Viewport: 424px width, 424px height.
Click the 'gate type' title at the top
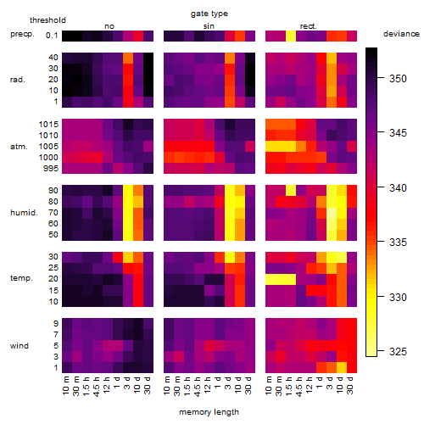pos(209,14)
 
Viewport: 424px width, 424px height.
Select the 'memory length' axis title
pos(209,412)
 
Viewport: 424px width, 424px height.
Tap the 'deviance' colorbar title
pos(401,34)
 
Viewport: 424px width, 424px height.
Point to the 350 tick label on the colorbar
pos(398,78)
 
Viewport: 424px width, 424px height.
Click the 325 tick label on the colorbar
pos(398,352)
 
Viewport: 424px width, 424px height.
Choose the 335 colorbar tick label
pos(398,243)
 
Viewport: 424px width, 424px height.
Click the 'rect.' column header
pos(309,26)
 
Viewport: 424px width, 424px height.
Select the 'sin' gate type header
pos(209,26)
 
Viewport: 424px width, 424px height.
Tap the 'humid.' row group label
pos(24,213)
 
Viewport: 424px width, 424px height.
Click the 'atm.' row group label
pos(19,147)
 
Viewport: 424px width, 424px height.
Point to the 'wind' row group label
pos(20,346)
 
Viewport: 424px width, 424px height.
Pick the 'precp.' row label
pos(22,35)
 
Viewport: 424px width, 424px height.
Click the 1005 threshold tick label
pos(48,147)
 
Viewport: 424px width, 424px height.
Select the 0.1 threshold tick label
pos(52,36)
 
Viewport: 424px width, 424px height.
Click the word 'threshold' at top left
pos(47,20)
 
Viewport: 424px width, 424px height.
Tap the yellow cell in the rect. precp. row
pos(291,36)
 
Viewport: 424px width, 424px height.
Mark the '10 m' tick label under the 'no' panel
pos(65,386)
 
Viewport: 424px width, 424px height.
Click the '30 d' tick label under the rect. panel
pos(350,386)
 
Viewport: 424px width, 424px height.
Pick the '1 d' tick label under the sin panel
pos(218,383)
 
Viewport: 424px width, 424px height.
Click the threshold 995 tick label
pos(51,169)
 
